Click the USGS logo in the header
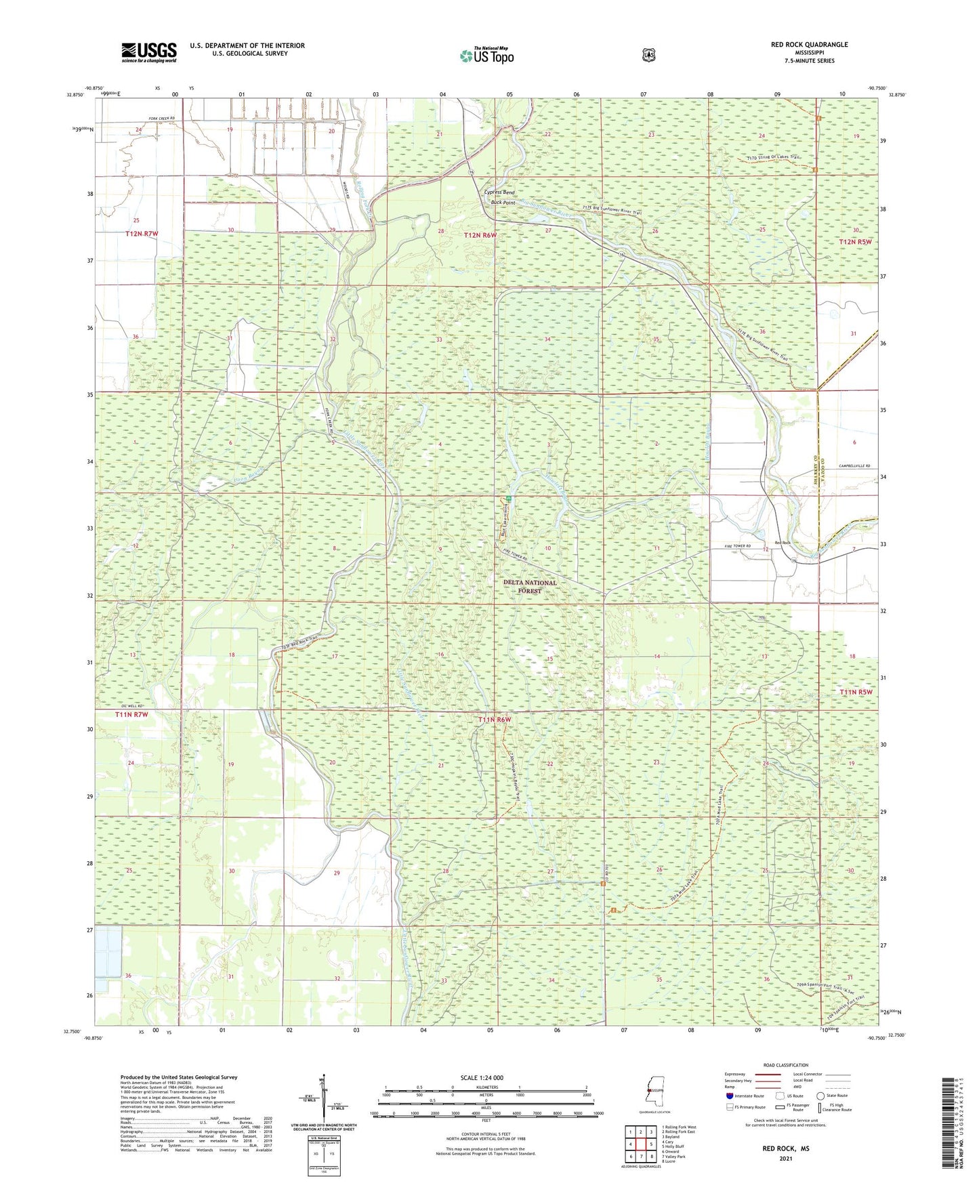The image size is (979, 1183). pos(148,51)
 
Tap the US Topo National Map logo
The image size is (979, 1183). pos(486,56)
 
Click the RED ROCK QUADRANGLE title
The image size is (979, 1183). pos(809,45)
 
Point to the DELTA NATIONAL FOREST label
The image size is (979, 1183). pos(530,586)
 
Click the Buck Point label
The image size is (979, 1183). pos(503,203)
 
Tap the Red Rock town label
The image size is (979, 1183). pos(783,543)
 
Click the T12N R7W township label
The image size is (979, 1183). pos(142,234)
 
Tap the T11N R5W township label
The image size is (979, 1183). pos(856,692)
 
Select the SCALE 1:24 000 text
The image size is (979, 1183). pos(481,1078)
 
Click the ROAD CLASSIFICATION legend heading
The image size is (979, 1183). pos(785,1066)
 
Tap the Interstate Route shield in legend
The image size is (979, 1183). pos(730,1096)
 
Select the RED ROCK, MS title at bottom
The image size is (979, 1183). pos(785,1149)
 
